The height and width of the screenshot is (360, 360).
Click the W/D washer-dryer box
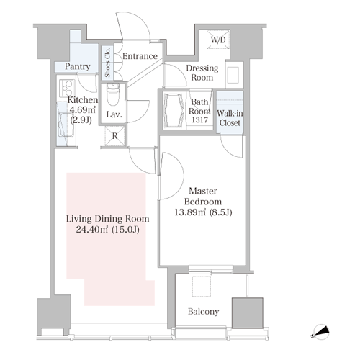tap(218, 40)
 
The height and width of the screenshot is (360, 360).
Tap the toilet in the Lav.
tap(113, 94)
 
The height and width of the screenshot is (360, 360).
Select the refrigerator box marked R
tap(115, 136)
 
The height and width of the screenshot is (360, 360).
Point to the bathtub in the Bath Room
tap(174, 110)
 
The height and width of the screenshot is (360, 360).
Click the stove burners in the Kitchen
tap(67, 88)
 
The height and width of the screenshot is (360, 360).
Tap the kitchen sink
tap(66, 125)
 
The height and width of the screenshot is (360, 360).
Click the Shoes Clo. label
tap(107, 62)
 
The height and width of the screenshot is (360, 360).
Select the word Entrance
tap(140, 56)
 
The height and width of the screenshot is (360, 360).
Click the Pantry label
tap(77, 66)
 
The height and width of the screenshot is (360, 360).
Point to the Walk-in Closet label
tap(230, 118)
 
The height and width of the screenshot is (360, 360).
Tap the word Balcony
tap(203, 312)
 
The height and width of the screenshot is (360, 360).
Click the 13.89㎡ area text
tap(190, 212)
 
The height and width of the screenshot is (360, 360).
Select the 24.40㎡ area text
tap(91, 230)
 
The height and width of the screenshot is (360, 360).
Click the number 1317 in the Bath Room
tap(199, 120)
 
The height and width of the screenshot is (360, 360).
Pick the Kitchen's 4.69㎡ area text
tap(82, 110)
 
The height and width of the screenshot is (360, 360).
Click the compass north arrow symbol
tap(320, 332)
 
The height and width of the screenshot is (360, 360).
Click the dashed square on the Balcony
tap(202, 286)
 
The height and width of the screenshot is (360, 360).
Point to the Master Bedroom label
tap(203, 197)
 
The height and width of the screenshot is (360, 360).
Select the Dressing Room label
tap(202, 73)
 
